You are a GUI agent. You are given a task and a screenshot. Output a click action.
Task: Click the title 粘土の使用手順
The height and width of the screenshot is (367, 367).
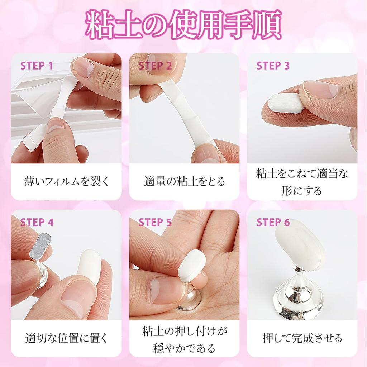click(183, 26)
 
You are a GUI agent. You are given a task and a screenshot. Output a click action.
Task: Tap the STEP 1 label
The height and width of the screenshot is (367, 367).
click(37, 66)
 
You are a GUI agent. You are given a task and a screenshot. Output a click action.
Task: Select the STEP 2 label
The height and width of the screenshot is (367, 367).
click(155, 66)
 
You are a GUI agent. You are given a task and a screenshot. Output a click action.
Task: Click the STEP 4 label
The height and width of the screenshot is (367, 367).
click(37, 222)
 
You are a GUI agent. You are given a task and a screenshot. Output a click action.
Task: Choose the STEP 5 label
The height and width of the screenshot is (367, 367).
click(155, 222)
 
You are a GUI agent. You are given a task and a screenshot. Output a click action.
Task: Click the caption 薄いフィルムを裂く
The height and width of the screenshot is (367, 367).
click(66, 181)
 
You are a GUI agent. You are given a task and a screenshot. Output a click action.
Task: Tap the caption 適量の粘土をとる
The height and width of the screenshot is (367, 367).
click(184, 181)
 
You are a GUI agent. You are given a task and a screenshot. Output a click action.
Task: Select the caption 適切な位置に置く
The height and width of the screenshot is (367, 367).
click(66, 338)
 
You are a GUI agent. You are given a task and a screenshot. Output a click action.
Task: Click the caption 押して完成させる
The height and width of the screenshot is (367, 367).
click(302, 338)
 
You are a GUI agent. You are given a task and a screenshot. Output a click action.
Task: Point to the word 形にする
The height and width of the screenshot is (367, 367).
click(302, 190)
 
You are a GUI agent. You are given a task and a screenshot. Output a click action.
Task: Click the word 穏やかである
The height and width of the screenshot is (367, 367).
click(184, 348)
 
